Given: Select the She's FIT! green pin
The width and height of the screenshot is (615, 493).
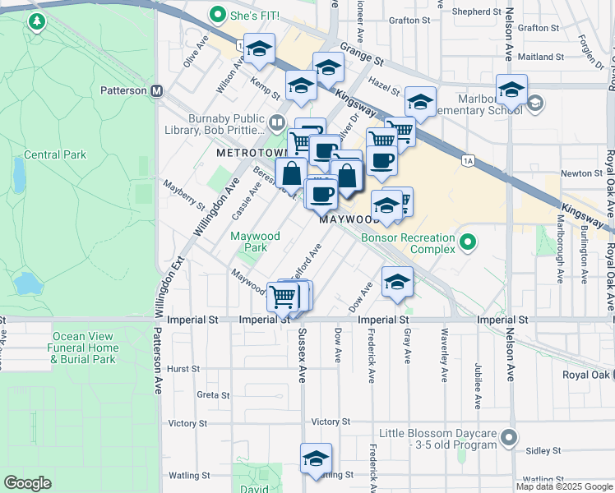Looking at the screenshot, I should tap(218, 14).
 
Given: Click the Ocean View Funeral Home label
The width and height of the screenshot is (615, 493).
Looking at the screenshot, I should tap(86, 348).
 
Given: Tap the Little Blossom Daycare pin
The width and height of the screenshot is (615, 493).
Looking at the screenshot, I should tap(510, 439).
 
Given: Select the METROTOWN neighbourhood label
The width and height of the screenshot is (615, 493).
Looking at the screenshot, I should tap(249, 154).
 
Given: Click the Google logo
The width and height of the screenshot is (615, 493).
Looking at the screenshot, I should tap(28, 483).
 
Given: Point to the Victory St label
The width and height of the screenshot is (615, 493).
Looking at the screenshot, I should tap(189, 423).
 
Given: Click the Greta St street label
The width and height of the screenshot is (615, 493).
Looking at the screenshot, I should tap(213, 395).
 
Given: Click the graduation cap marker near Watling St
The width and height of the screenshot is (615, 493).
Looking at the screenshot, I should tap(316, 459).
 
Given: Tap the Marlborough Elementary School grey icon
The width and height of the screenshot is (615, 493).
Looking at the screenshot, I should tap(535, 103).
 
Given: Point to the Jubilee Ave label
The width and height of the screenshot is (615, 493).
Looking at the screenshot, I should tap(478, 385).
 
